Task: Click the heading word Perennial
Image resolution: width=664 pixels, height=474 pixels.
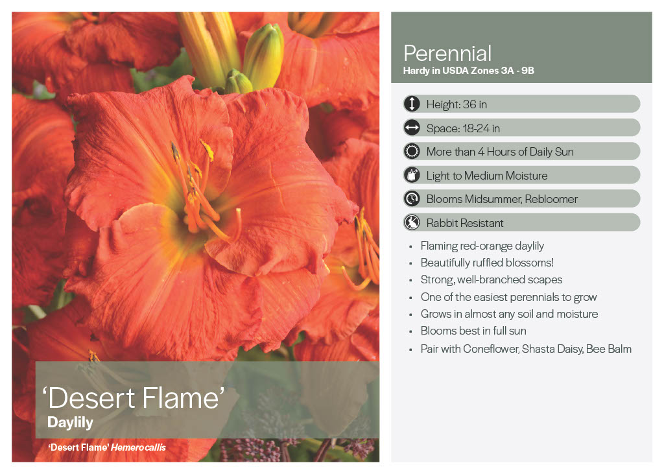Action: tap(447, 53)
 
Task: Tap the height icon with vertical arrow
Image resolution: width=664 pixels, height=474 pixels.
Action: tap(412, 104)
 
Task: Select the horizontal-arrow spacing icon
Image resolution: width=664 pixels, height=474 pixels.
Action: tap(412, 128)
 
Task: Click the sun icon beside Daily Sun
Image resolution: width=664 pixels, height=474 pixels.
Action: tap(412, 151)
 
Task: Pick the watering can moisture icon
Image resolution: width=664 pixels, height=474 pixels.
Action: tap(412, 175)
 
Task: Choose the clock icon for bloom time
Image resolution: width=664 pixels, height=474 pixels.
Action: tap(412, 198)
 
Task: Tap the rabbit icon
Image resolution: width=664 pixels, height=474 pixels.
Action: tap(412, 222)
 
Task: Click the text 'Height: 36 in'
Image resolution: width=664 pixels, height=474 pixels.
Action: tap(456, 104)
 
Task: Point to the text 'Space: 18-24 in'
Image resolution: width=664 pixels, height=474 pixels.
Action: tap(463, 128)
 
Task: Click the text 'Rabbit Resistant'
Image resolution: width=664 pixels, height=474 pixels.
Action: tap(464, 223)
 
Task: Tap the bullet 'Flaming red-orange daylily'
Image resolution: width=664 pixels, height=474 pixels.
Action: tap(482, 246)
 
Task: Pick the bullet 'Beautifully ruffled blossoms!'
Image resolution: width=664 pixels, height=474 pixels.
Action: tap(487, 263)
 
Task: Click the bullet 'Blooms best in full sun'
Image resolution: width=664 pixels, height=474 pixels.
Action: tap(473, 331)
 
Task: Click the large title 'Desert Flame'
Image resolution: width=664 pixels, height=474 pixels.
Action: tap(134, 397)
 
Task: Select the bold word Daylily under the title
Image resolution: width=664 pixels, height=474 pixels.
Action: tap(70, 423)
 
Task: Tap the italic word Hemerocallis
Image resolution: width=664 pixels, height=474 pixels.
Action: tap(139, 447)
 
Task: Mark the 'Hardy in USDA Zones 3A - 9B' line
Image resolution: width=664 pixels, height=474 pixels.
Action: tap(468, 71)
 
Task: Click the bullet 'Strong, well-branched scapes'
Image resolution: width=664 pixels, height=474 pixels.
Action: tap(492, 280)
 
